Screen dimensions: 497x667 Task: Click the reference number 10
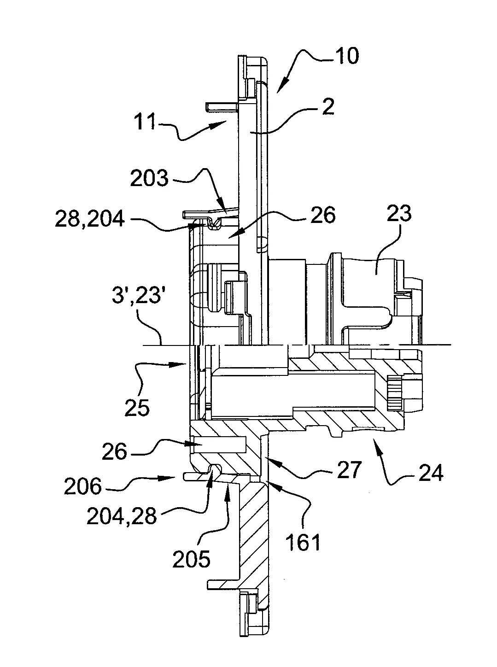tap(347, 55)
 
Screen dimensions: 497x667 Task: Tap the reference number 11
tap(145, 121)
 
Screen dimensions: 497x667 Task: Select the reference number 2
tap(327, 107)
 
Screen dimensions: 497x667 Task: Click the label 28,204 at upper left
tap(90, 219)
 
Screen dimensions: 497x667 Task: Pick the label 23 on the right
tap(399, 214)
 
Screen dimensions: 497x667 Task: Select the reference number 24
tap(431, 473)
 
